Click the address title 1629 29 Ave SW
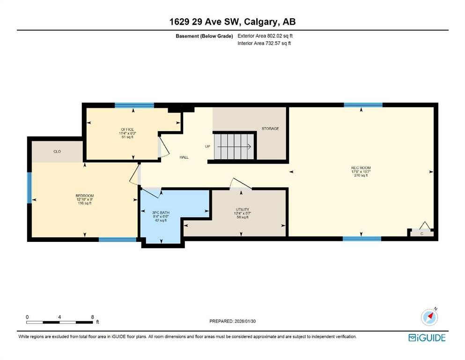232,22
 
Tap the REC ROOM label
361,167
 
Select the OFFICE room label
127,129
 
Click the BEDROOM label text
85,195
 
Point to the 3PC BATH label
162,212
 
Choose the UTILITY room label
242,210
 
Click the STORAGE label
270,128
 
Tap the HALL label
184,157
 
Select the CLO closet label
57,151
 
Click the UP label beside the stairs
207,146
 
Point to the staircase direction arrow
235,146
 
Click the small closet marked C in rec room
421,232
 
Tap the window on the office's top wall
134,105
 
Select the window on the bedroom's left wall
29,187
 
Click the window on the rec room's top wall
363,105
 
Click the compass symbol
429,317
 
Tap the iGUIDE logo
427,337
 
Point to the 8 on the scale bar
92,317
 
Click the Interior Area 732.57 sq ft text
264,43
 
